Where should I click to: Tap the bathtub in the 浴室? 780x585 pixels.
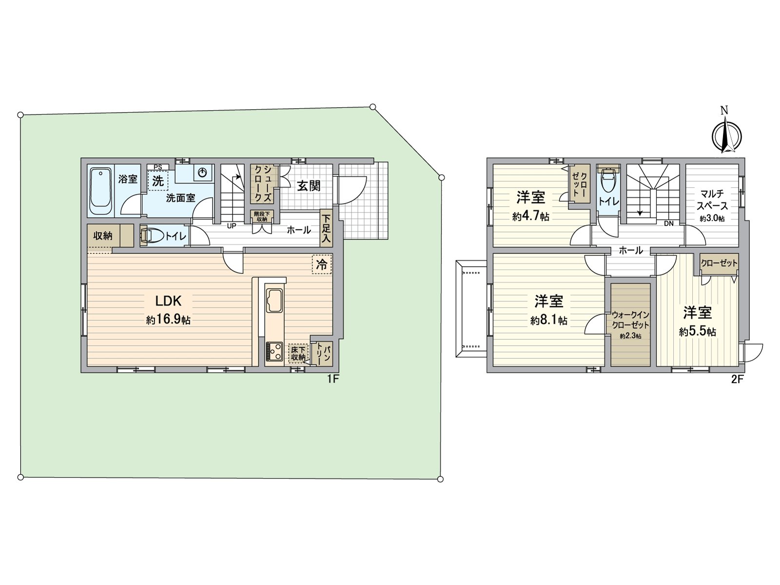pyautogui.click(x=101, y=191)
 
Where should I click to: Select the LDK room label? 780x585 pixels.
pyautogui.click(x=169, y=300)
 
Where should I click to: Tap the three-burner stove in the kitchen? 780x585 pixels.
pyautogui.click(x=274, y=351)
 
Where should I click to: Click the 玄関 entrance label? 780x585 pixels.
pyautogui.click(x=309, y=186)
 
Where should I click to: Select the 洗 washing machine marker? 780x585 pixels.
pyautogui.click(x=158, y=180)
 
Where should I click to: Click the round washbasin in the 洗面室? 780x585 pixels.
pyautogui.click(x=203, y=173)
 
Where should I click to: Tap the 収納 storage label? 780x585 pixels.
pyautogui.click(x=103, y=236)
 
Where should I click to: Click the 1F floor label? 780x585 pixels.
pyautogui.click(x=332, y=379)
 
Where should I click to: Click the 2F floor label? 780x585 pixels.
pyautogui.click(x=737, y=379)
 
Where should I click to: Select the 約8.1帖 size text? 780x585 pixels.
pyautogui.click(x=548, y=321)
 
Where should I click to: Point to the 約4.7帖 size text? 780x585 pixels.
pyautogui.click(x=530, y=216)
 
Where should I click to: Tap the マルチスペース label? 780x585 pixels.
pyautogui.click(x=712, y=200)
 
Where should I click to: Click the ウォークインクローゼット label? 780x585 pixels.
pyautogui.click(x=630, y=320)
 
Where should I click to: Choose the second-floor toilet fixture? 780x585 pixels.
pyautogui.click(x=608, y=181)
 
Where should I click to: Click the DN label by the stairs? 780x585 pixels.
pyautogui.click(x=669, y=224)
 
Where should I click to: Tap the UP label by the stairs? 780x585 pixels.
pyautogui.click(x=232, y=226)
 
